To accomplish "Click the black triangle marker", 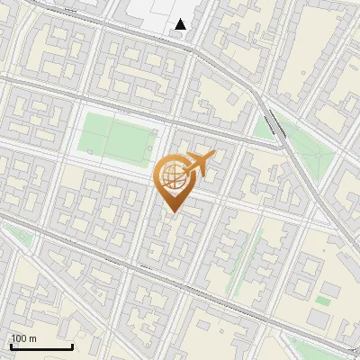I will (x=181, y=24).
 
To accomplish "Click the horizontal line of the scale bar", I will (x=40, y=346).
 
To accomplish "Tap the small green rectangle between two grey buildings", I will (x=322, y=300).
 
